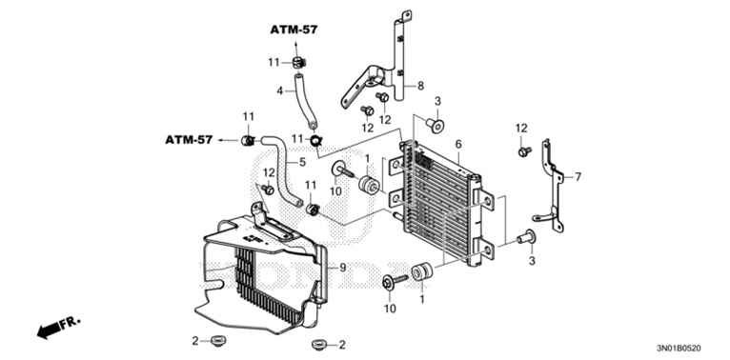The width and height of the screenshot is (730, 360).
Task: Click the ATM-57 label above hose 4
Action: click(x=293, y=30)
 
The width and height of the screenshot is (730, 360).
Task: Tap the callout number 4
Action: click(x=279, y=91)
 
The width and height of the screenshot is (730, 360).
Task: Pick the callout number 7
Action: click(x=576, y=177)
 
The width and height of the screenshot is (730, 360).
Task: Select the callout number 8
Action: click(x=419, y=86)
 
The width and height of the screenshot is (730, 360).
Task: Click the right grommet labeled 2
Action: click(x=317, y=343)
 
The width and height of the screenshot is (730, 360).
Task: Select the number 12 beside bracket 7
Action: click(x=521, y=128)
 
